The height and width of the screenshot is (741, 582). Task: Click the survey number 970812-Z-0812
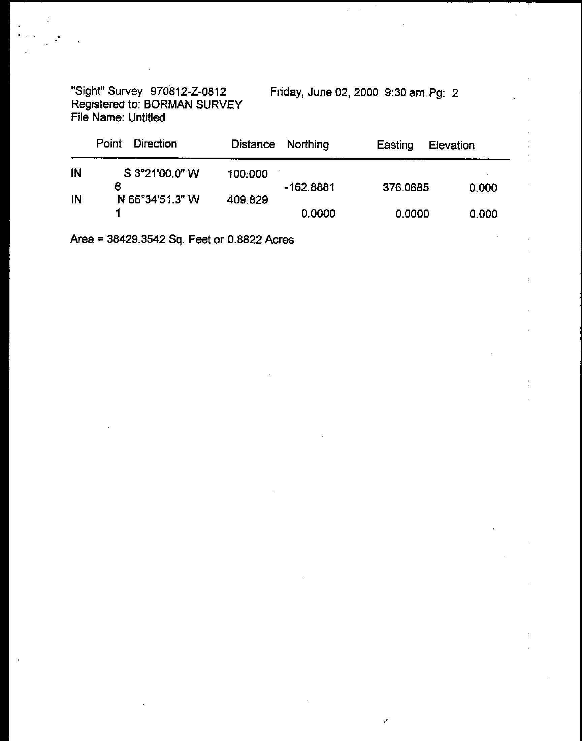188,91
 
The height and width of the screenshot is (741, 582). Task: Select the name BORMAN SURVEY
193,104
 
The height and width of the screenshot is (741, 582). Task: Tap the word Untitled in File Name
147,118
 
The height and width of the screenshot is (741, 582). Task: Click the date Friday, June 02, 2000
324,92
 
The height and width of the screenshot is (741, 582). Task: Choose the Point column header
109,143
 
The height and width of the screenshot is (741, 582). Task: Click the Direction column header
155,144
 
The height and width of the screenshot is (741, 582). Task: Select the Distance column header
253,144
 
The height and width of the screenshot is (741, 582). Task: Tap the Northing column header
308,144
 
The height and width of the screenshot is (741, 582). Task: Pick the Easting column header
395,145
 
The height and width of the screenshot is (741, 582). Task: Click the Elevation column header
452,146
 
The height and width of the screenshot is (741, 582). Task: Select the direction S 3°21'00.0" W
161,174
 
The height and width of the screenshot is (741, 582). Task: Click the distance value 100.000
248,174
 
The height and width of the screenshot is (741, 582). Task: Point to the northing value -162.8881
309,187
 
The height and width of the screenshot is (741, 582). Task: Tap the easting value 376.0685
406,188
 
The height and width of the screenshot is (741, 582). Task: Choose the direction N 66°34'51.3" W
158,200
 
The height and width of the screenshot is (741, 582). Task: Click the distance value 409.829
248,200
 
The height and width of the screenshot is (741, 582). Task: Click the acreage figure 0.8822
244,240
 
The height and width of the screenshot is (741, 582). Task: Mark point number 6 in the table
118,187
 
